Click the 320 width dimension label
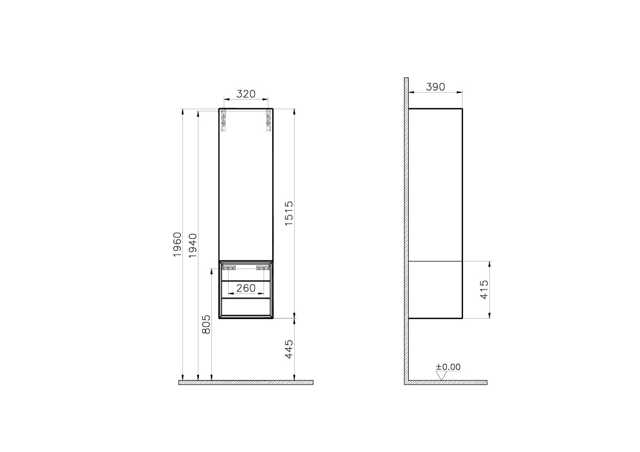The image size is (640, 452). click(246, 94)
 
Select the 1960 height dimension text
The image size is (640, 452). click(177, 245)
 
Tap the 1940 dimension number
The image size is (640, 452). click(193, 245)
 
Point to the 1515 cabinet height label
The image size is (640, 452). click(289, 214)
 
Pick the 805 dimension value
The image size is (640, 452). click(205, 325)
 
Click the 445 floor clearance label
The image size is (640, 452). click(289, 349)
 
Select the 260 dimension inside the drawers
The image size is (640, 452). click(246, 288)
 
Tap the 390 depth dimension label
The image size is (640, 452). click(435, 87)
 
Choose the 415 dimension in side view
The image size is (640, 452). click(483, 291)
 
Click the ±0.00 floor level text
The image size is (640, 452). click(448, 367)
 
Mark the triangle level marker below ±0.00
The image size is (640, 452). click(441, 376)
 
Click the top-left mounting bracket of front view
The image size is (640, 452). click(224, 121)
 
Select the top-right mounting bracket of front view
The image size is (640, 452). click(267, 121)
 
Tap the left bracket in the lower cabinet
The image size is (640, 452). click(229, 266)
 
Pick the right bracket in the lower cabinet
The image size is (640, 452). click(263, 266)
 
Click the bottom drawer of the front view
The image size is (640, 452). click(246, 307)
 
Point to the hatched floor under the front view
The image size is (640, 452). click(246, 383)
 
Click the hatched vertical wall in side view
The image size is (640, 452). click(406, 231)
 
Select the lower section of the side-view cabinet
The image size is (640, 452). click(435, 289)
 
